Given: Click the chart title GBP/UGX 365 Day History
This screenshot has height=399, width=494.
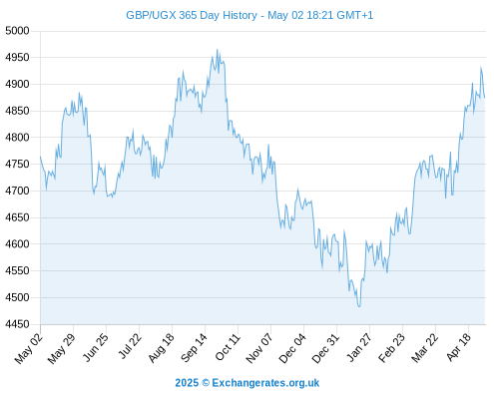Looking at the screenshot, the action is point(192,15).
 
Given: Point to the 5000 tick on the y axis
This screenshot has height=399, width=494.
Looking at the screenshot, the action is point(17,31).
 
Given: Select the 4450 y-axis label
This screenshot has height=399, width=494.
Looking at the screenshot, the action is point(17,324).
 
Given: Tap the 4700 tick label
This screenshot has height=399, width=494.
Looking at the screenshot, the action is point(17,191).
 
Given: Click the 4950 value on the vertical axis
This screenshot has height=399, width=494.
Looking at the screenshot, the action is point(17,58).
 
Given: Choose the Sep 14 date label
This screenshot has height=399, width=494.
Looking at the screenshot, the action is point(194,347).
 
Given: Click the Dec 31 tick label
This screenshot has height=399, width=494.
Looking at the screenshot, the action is point(325,348).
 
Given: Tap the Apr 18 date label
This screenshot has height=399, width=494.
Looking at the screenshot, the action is point(458,347).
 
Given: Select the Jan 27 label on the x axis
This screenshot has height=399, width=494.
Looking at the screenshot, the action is point(359,347).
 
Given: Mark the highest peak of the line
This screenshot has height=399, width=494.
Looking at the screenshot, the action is point(218,50).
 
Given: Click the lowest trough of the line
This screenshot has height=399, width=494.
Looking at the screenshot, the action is point(359,306).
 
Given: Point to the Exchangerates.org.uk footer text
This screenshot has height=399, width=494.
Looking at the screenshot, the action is point(265,383).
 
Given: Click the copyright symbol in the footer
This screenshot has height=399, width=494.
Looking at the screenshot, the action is point(206,383).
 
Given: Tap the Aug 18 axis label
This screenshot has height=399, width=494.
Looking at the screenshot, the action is point(161,348).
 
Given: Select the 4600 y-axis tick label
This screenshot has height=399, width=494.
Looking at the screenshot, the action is point(17,244).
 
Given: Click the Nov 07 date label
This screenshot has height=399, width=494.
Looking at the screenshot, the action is point(259,348).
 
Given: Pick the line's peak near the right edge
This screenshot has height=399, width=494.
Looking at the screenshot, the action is point(480,67).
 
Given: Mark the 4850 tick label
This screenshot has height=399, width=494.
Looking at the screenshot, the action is point(17,111).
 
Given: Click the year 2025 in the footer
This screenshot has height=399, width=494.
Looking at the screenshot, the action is point(187,383).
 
